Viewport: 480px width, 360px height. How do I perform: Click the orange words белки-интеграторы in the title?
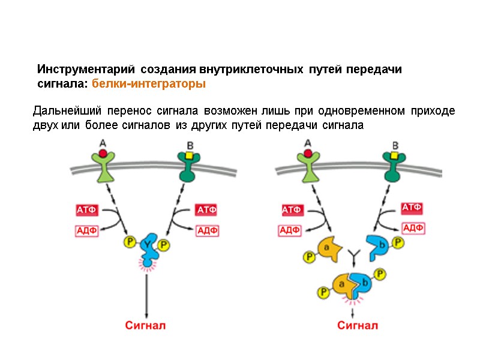click(149, 85)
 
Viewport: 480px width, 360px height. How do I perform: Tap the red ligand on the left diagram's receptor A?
click(103, 154)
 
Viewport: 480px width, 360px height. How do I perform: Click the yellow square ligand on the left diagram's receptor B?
click(189, 155)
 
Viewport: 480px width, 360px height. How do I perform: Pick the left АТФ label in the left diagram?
click(86, 210)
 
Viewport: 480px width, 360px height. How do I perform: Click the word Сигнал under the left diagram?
click(145, 326)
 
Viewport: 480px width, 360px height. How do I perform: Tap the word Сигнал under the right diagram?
click(358, 326)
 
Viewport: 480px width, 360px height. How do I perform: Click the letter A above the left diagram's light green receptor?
click(103, 143)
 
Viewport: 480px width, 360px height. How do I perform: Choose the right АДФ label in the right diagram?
click(413, 228)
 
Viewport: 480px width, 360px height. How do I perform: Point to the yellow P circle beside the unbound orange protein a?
click(309, 257)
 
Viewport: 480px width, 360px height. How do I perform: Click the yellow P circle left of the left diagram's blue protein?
click(129, 242)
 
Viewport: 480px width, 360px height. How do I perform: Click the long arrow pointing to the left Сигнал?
click(146, 294)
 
